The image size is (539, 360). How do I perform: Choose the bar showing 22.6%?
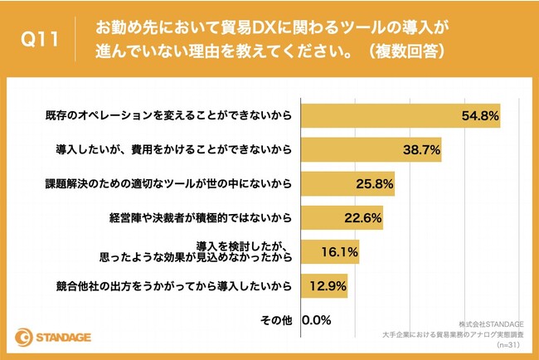click(341, 218)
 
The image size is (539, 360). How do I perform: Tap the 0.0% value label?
click(318, 319)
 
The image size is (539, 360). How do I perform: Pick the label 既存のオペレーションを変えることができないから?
click(166, 114)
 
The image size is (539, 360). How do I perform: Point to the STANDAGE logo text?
click(63, 338)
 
